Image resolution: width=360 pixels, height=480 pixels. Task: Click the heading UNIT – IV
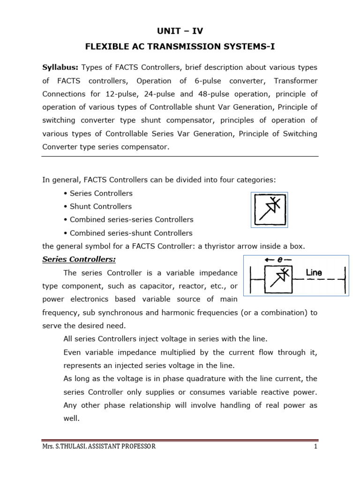180,31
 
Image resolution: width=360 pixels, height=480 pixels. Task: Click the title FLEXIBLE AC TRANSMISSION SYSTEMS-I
180,47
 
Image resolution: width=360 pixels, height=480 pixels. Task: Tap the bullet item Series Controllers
101,193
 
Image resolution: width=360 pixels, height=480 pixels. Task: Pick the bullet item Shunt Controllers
100,206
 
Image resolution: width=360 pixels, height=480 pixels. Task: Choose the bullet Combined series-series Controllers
131,219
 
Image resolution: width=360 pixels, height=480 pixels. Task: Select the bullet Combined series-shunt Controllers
131,233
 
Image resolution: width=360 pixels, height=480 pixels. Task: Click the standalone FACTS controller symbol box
269,210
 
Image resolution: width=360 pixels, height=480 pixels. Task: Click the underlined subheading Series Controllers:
79,259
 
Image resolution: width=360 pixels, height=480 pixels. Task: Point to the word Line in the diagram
314,272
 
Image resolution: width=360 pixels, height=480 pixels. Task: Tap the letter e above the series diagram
279,259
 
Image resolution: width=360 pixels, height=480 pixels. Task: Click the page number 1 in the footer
316,447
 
